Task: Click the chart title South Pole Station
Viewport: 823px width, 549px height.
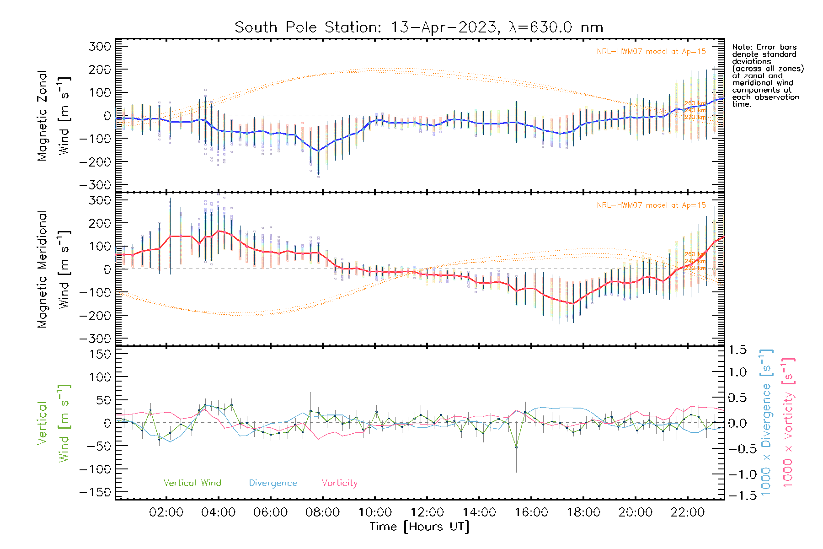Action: point(419,27)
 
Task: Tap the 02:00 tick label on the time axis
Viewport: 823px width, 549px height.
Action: point(166,512)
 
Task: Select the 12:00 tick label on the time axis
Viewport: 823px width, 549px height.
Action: point(427,512)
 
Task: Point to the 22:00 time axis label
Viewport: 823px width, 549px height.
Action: point(688,512)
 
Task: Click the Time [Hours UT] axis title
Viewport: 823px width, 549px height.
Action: point(419,527)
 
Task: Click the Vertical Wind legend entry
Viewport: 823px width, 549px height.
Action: point(192,483)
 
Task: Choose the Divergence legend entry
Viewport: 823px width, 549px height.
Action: point(273,483)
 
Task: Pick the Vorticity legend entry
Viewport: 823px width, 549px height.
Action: point(339,483)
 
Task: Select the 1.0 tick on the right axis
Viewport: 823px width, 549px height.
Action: point(737,372)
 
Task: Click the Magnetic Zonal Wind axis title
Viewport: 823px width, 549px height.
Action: point(54,115)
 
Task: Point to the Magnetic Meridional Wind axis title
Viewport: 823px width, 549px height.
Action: point(54,269)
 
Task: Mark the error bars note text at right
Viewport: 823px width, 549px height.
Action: point(767,75)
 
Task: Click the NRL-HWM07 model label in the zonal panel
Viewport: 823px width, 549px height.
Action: point(651,52)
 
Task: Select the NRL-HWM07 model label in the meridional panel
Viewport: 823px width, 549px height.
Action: point(651,205)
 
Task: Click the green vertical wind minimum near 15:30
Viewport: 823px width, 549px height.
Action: point(516,447)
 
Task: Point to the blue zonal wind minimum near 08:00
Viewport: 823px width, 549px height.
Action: point(318,151)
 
